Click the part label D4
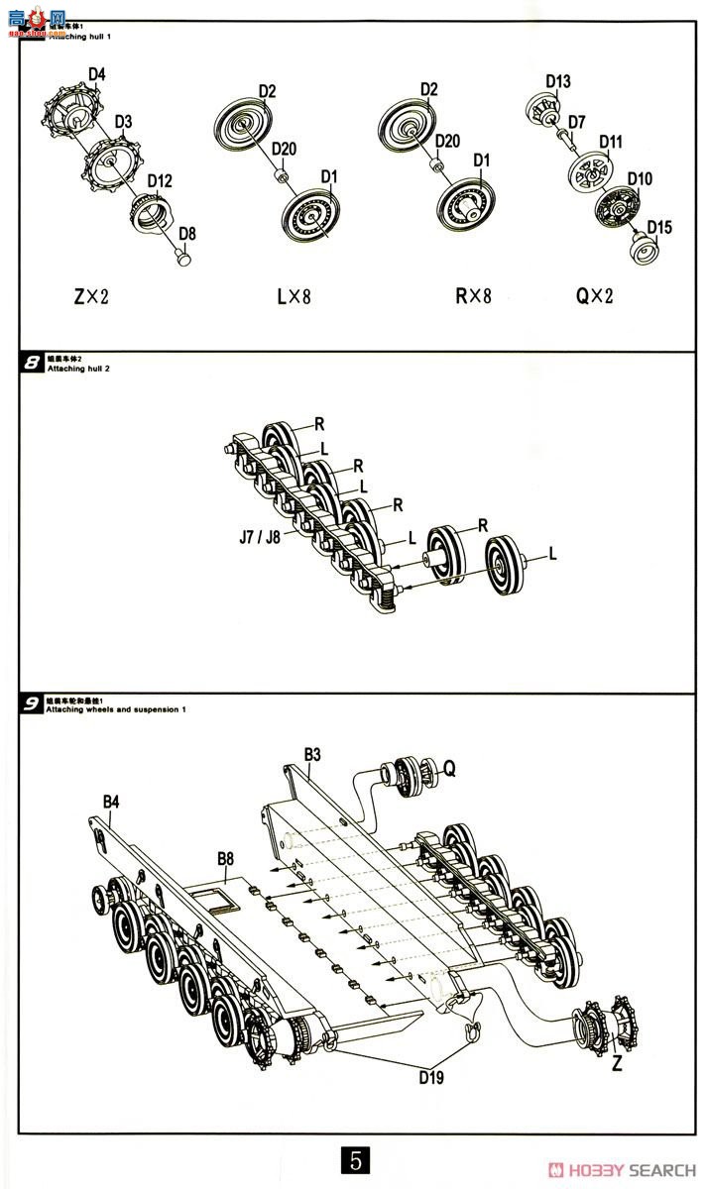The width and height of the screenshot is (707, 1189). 97,74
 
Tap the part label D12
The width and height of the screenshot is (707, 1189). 160,181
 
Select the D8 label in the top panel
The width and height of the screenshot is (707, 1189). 186,234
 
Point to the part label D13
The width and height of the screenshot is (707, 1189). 558,81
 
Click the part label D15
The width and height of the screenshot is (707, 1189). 659,227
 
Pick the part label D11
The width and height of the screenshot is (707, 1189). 610,142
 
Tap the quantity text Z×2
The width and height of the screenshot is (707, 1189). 92,295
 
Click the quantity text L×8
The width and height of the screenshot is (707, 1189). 294,295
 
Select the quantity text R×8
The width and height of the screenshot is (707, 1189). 473,295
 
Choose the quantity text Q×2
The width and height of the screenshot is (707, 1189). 594,295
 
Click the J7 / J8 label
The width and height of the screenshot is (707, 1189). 259,539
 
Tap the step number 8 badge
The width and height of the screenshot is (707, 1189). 32,363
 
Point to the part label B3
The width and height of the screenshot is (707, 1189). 312,754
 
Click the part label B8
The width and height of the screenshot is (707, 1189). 225,858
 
